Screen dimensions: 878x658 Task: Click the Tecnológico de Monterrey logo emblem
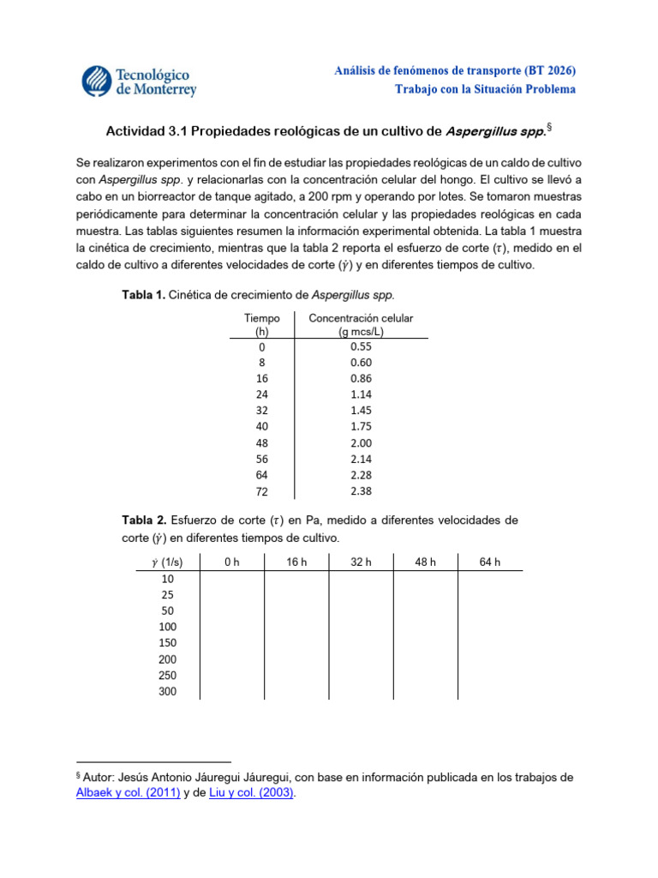pos(98,80)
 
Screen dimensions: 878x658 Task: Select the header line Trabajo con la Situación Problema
pos(485,89)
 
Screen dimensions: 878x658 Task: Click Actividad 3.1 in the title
pos(145,132)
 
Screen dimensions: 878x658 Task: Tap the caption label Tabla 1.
pos(144,295)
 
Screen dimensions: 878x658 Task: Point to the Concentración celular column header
pos(361,324)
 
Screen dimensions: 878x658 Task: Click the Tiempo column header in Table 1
pos(261,324)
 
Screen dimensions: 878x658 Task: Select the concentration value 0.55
pos(362,346)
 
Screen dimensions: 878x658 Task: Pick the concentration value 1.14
pos(362,394)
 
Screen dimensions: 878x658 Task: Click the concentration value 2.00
pos(362,443)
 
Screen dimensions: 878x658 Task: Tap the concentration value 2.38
pos(362,491)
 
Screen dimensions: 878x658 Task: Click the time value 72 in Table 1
pos(261,492)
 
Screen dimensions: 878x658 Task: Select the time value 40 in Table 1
pos(261,427)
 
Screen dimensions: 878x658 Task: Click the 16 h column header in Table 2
pos(296,562)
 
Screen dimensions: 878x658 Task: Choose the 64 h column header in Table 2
pos(489,562)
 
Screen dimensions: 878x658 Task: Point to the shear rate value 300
pos(167,691)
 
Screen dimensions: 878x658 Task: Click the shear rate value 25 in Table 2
pos(167,594)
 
